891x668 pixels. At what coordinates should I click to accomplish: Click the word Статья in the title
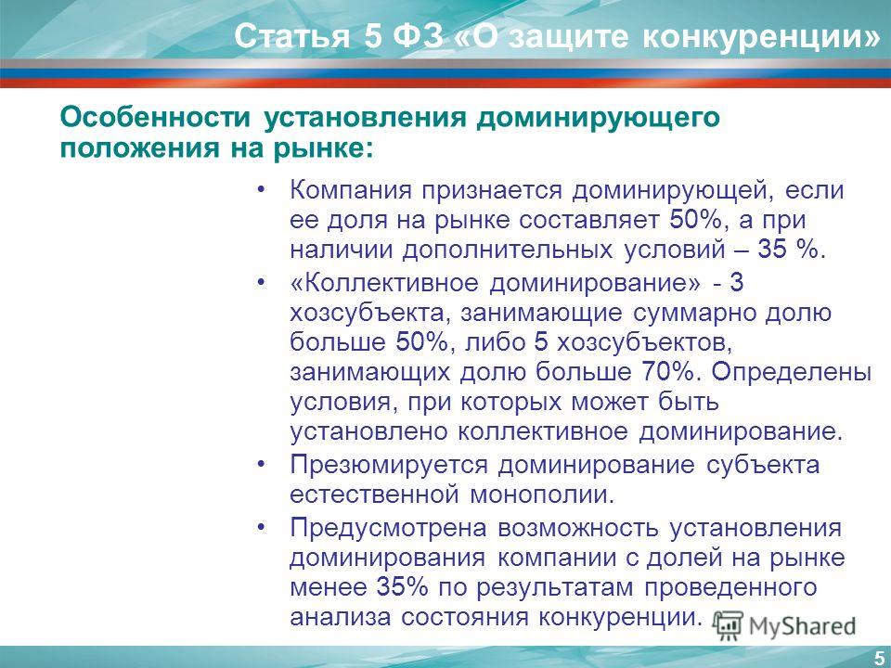pyautogui.click(x=291, y=37)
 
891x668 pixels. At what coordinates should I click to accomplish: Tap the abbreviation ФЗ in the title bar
pyautogui.click(x=418, y=37)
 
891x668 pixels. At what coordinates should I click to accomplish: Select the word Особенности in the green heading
pyautogui.click(x=155, y=118)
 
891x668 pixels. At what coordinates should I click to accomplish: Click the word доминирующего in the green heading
pyautogui.click(x=598, y=119)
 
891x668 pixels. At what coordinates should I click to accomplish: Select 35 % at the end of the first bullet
pyautogui.click(x=788, y=249)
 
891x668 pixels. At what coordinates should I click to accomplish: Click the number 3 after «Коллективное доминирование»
pyautogui.click(x=736, y=282)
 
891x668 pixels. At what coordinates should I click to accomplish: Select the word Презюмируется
pyautogui.click(x=389, y=465)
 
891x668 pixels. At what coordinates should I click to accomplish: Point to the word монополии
pyautogui.click(x=542, y=495)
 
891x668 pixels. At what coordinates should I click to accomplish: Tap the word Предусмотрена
pyautogui.click(x=389, y=528)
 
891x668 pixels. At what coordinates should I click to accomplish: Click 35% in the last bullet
pyautogui.click(x=402, y=586)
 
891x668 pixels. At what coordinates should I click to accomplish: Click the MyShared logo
pyautogui.click(x=785, y=625)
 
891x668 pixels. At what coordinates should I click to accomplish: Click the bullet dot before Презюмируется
pyautogui.click(x=261, y=465)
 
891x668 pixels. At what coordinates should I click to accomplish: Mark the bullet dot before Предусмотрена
pyautogui.click(x=261, y=528)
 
